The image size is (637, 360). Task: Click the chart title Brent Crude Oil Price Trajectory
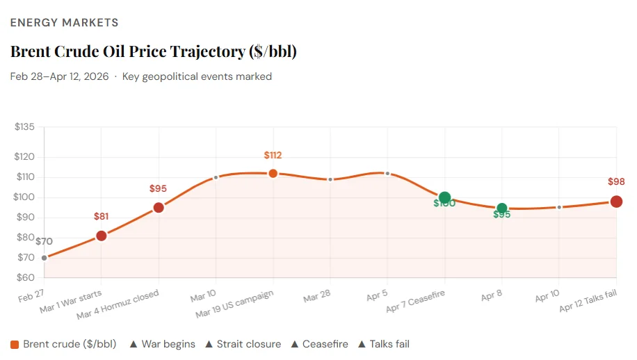[158, 51]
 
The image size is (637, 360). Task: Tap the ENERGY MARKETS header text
[64, 23]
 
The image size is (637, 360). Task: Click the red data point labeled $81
[102, 236]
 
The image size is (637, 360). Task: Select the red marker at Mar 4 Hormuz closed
[159, 207]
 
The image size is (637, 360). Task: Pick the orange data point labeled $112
[273, 173]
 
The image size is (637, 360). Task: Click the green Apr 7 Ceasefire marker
[444, 198]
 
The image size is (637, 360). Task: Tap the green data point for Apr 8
[502, 208]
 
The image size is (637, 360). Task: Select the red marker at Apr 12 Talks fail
[616, 202]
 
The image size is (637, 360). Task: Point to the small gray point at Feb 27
[45, 258]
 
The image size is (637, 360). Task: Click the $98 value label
[616, 182]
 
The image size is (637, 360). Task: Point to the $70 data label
[44, 242]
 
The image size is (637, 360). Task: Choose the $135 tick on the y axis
[24, 127]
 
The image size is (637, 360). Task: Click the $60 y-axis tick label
[26, 278]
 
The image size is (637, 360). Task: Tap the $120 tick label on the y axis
[24, 157]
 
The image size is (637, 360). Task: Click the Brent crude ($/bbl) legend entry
[63, 344]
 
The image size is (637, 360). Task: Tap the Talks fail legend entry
[383, 344]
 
